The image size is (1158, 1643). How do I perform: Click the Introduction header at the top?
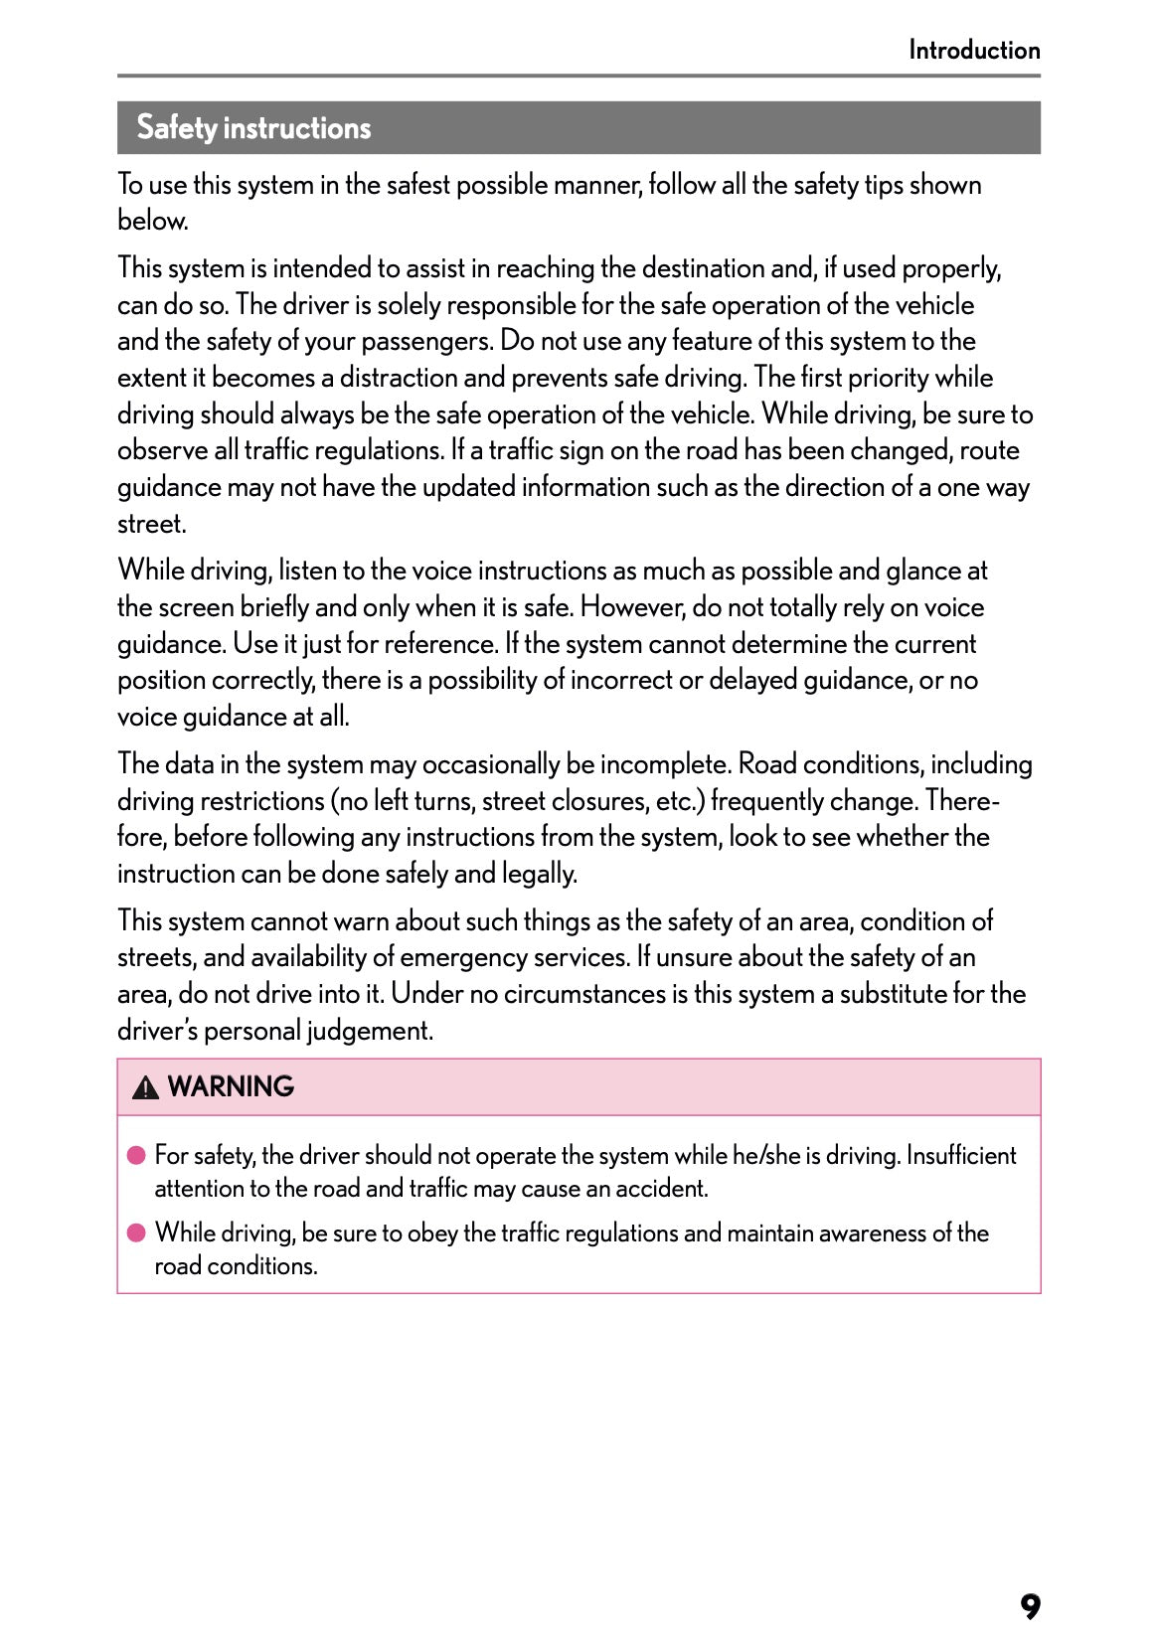973,50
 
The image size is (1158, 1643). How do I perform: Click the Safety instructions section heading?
253,128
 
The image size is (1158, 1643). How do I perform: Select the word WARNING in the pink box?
231,1086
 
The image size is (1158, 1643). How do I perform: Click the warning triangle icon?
145,1087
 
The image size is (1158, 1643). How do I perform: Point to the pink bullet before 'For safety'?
136,1155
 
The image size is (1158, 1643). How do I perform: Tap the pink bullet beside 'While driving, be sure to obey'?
136,1232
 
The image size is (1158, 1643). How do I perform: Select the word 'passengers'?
426,342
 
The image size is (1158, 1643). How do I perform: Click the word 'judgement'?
369,1031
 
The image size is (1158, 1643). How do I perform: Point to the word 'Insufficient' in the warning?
960,1155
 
